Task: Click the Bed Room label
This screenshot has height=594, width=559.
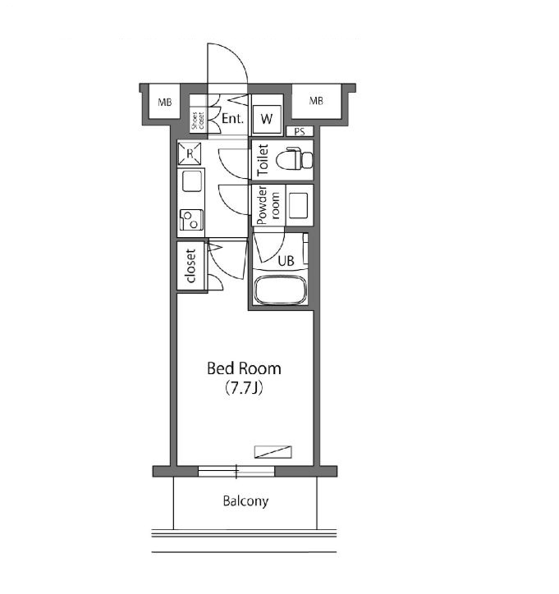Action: tap(244, 368)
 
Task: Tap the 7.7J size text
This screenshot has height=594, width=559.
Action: tap(244, 388)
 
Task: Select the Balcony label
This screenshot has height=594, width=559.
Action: tap(245, 501)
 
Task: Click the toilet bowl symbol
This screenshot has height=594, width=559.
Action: tap(294, 159)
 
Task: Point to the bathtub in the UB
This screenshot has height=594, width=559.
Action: tap(281, 290)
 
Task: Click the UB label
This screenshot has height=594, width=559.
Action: tap(286, 261)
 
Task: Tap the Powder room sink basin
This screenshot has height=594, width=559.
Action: tap(298, 205)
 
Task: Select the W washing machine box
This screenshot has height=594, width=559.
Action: tap(267, 119)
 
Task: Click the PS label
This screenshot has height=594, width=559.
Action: tap(300, 132)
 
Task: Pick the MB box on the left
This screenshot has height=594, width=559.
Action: tap(164, 102)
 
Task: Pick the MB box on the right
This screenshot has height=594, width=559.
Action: tap(316, 101)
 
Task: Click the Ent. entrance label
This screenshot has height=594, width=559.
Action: tap(232, 119)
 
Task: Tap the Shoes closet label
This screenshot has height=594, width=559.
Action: tap(198, 120)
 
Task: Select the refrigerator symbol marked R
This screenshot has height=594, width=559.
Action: tap(190, 153)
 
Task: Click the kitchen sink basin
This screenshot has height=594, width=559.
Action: tap(192, 181)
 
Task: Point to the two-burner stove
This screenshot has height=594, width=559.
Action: tap(191, 220)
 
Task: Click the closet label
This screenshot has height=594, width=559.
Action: tap(190, 266)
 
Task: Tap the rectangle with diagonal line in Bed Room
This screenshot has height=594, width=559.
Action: tap(273, 452)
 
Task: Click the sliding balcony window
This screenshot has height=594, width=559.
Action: tap(236, 471)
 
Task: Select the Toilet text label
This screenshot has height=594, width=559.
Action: tap(263, 159)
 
